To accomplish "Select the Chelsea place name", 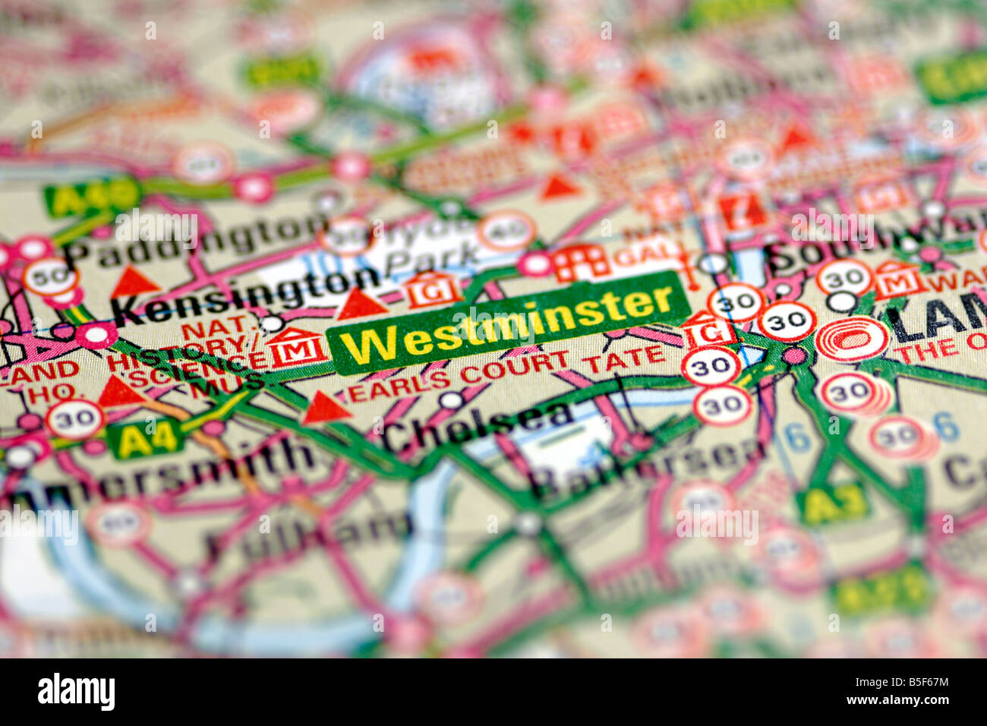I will point(478,425).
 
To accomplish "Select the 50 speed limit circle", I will point(50,278).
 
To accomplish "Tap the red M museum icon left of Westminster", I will point(296,349).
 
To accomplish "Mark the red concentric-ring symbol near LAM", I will point(852,339).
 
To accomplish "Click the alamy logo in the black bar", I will point(76,692).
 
